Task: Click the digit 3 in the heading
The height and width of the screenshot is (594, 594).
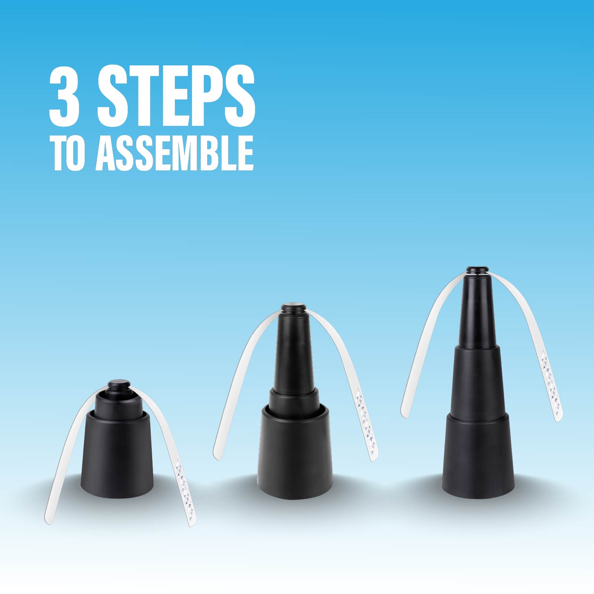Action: coord(65,95)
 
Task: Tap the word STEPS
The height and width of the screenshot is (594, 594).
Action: coord(176,95)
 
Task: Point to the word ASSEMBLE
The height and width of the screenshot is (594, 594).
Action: coord(174,153)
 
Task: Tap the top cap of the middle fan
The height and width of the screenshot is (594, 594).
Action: coord(293,308)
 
